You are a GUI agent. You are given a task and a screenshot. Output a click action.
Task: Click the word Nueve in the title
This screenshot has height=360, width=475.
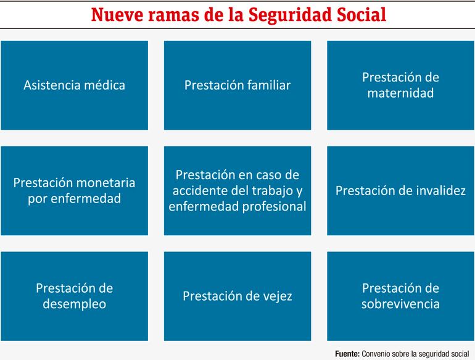(117, 15)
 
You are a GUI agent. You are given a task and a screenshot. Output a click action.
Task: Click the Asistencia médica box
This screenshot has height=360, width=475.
(75, 85)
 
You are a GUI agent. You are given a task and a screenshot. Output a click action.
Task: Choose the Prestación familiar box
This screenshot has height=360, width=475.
(238, 85)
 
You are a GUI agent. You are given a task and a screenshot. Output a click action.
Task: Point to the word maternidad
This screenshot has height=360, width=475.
(400, 93)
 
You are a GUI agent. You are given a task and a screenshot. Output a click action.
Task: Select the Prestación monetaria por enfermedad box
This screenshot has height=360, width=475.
(75, 191)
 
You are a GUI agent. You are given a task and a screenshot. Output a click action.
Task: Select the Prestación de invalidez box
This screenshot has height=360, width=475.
(400, 191)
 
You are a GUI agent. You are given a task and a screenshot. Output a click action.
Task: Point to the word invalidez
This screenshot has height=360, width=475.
(441, 191)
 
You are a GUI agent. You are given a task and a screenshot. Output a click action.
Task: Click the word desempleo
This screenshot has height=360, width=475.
(75, 304)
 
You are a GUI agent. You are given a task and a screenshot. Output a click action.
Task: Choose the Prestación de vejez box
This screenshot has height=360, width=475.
(238, 296)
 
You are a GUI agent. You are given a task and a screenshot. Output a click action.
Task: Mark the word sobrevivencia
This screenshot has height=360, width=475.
(400, 304)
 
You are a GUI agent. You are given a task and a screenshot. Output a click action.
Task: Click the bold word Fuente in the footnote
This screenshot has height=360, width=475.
(347, 354)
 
